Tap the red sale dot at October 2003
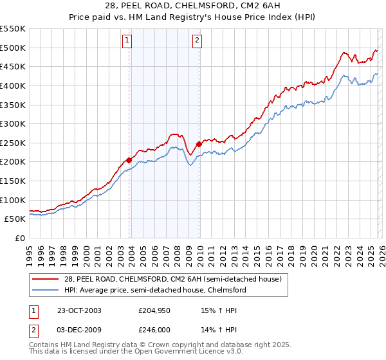(129, 159)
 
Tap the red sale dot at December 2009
(199, 144)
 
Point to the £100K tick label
(13, 200)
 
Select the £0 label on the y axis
(19, 238)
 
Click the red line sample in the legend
(47, 279)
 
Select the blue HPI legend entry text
(154, 290)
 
